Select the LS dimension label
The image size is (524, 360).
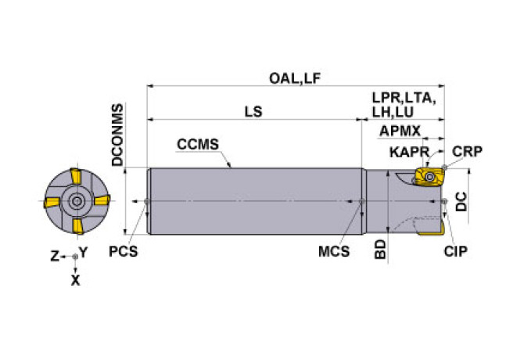(x=253, y=111)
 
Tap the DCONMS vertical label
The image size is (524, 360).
(x=117, y=135)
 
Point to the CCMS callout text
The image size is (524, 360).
(x=197, y=145)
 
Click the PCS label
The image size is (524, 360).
(x=123, y=252)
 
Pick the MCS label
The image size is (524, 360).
(x=333, y=252)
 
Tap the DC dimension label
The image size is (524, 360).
(x=462, y=201)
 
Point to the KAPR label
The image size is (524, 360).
(x=406, y=151)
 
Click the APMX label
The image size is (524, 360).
(x=400, y=131)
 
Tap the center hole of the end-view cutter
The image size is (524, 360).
(x=76, y=201)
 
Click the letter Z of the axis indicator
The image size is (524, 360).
(x=54, y=256)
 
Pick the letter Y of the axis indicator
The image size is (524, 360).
(x=84, y=254)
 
